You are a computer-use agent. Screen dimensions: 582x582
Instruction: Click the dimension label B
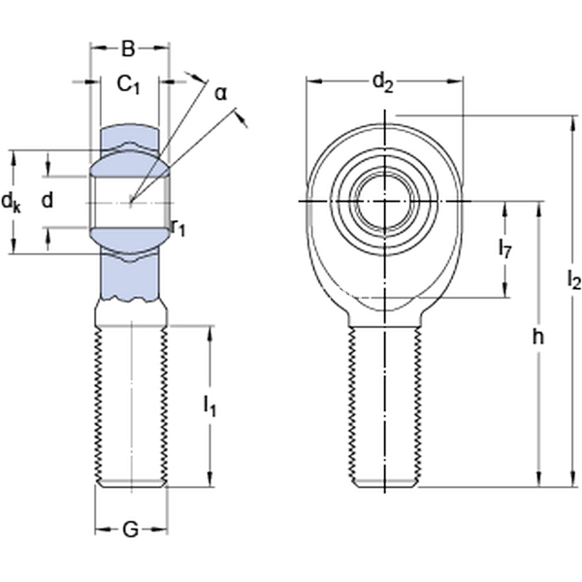[x=128, y=48]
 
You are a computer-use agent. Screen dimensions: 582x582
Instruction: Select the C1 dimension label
[x=128, y=85]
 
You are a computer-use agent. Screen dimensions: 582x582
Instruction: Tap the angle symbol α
[x=221, y=94]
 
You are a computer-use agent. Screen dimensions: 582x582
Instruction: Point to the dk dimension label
[x=11, y=203]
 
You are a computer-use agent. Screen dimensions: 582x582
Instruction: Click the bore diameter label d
[x=48, y=201]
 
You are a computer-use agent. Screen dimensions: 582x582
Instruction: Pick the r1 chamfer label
[x=178, y=228]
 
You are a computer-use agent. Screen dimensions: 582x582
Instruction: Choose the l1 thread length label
[x=210, y=405]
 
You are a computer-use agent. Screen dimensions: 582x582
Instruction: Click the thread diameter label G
[x=130, y=530]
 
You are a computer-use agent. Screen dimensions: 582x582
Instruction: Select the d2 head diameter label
[x=383, y=82]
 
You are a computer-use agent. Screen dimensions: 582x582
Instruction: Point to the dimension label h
[x=537, y=338]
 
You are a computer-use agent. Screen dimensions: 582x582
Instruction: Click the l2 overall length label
[x=574, y=279]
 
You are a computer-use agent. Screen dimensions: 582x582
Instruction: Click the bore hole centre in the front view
[x=384, y=201]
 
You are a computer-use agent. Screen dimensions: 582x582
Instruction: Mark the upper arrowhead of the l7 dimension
[x=504, y=210]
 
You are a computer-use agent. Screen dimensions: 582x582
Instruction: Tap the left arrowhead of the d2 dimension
[x=314, y=81]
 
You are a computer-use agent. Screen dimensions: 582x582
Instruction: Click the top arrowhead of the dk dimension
[x=15, y=158]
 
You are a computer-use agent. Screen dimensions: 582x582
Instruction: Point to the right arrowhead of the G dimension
[x=160, y=530]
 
